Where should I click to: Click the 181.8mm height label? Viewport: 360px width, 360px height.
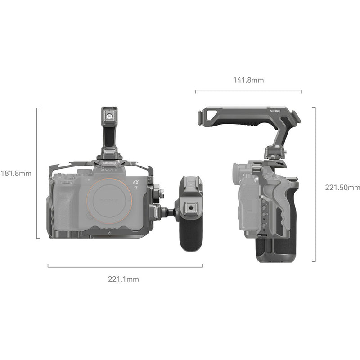[16, 173]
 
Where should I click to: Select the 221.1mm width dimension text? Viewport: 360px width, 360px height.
[123, 279]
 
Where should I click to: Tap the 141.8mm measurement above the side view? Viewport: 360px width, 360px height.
[248, 81]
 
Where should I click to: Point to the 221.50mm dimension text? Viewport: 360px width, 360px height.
[342, 187]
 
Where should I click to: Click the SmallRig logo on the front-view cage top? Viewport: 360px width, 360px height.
[108, 163]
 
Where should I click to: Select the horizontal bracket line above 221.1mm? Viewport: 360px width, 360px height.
[125, 267]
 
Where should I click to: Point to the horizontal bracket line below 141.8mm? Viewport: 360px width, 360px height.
[248, 90]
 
